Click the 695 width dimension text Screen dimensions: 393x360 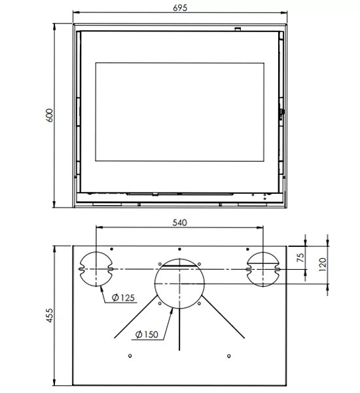pos(181,7)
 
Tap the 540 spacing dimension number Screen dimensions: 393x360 pos(179,223)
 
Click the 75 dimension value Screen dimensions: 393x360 pos(300,258)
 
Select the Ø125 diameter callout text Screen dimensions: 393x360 pos(123,298)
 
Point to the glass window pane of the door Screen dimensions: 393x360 pos(181,111)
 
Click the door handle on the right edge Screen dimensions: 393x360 pos(281,113)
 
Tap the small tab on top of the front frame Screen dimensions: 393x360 pos(238,29)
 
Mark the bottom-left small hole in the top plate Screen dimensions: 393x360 pos(131,356)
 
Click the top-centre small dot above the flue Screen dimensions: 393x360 pos(179,249)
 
